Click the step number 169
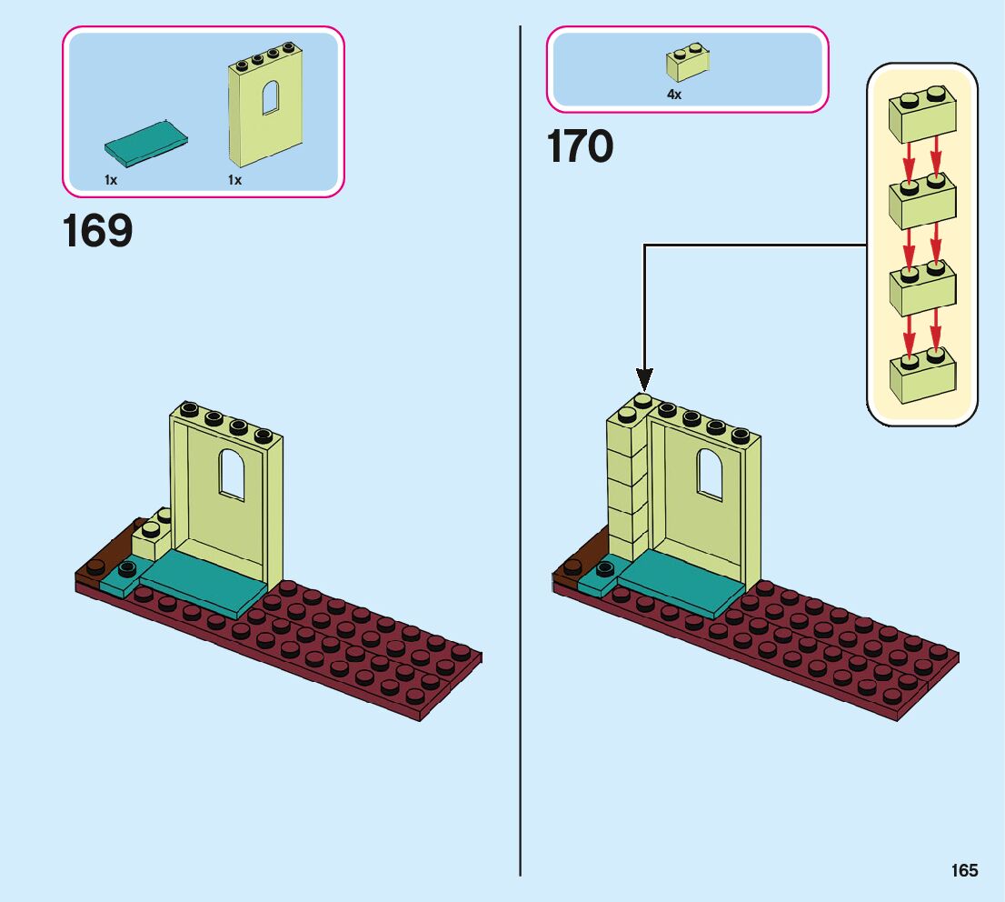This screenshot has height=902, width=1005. point(97,232)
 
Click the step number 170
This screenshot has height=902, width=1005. point(580,146)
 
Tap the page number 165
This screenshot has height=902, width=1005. point(965,871)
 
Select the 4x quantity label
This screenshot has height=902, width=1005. point(674,95)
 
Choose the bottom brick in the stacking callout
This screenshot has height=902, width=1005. point(921,376)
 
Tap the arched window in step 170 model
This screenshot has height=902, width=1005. point(710,474)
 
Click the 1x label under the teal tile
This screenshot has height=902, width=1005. point(111,180)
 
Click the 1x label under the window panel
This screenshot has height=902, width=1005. point(235,180)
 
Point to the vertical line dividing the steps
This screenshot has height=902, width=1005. point(520,455)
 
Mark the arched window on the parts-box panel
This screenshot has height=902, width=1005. point(270,96)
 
